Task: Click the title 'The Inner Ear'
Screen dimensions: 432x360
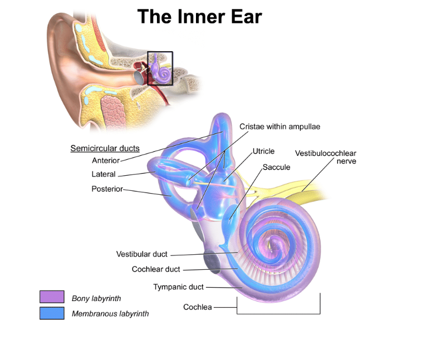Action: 199,16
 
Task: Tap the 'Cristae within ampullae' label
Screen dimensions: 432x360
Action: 279,127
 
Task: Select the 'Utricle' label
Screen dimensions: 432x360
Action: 263,151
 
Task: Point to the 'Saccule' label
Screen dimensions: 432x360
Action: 276,167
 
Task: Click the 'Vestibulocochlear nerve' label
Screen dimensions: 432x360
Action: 326,157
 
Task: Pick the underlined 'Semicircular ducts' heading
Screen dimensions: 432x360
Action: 105,149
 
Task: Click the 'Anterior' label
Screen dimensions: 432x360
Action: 106,161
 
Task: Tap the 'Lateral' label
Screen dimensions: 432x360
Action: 104,174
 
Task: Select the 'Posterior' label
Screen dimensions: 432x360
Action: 107,189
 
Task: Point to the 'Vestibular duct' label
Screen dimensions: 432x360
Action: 141,254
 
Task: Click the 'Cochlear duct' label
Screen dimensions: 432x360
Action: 156,269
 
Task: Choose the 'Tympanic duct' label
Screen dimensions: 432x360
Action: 179,287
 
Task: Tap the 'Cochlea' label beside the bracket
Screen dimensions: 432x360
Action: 198,307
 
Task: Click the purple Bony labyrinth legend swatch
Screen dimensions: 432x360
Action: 52,297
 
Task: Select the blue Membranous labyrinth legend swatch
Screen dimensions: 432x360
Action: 52,313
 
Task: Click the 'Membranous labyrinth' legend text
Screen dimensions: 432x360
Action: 110,314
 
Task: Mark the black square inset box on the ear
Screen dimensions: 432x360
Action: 160,68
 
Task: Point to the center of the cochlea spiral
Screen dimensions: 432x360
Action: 274,243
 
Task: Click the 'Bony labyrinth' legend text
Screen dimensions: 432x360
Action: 96,299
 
